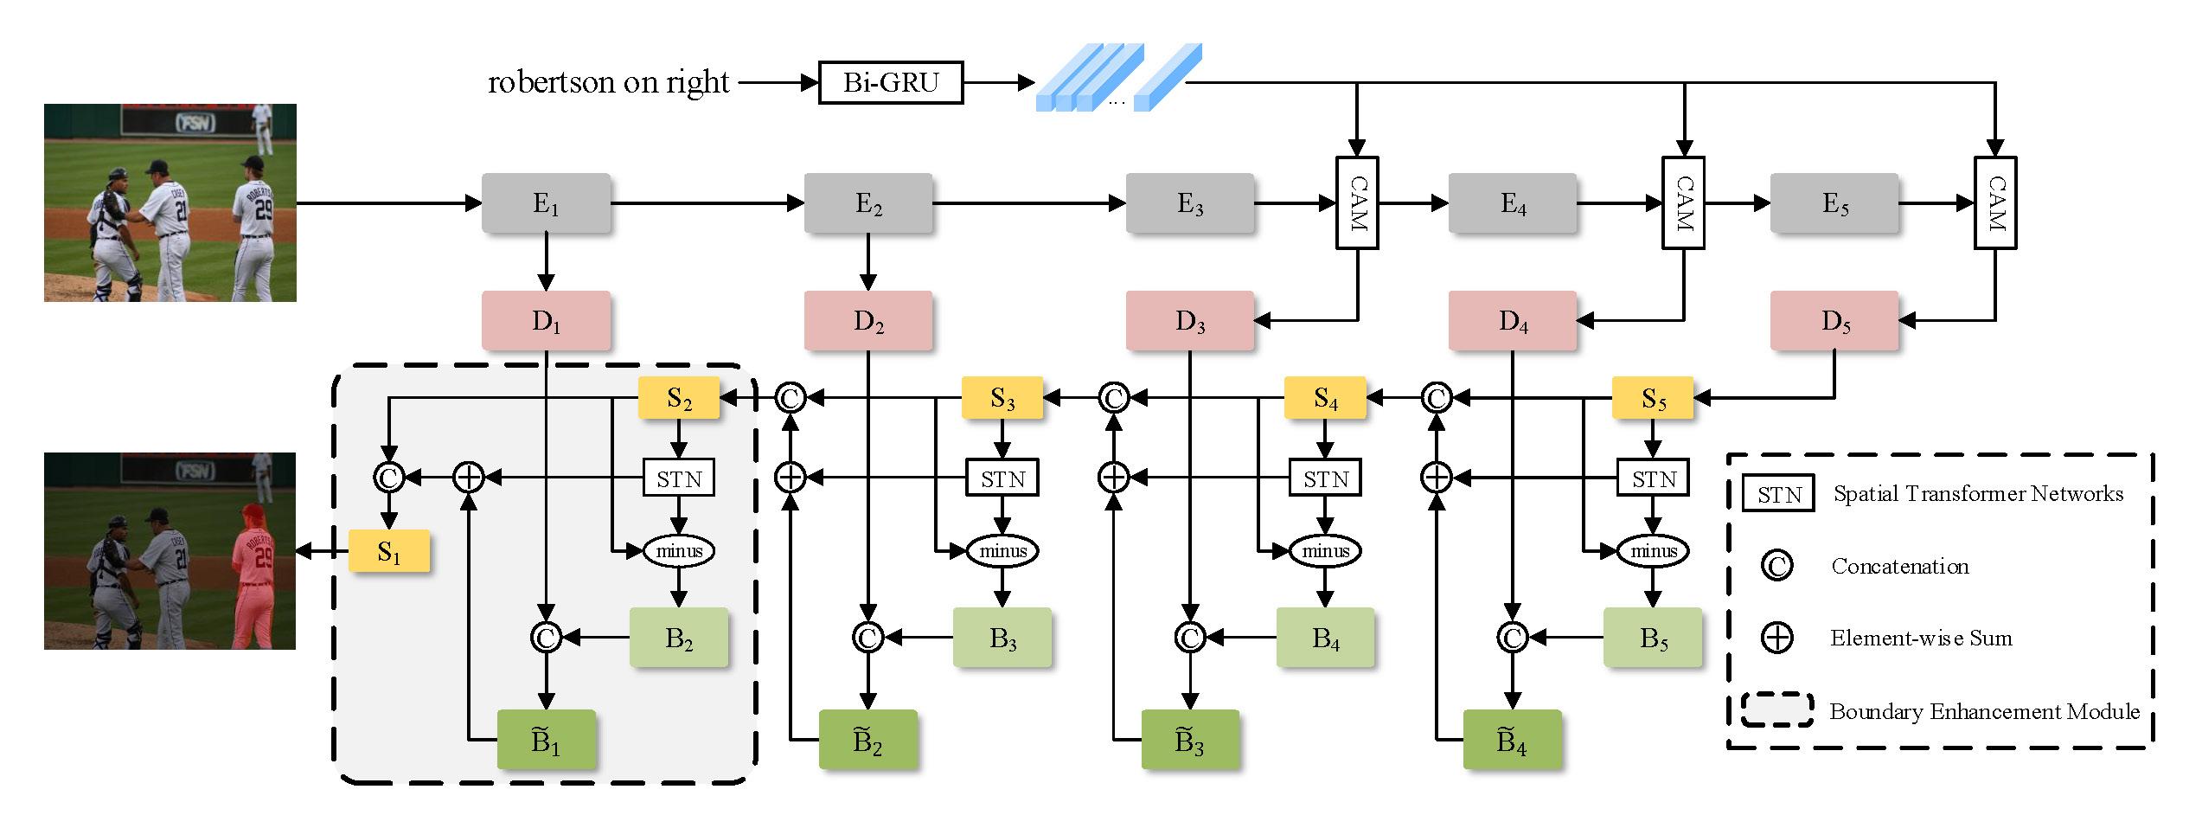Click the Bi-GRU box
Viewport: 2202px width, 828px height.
890,83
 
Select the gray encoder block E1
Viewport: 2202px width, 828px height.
546,203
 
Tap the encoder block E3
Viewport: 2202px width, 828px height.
1190,203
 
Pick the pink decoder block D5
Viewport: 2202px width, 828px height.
1834,321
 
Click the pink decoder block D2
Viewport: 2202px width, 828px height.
867,321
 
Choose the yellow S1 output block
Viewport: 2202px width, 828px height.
389,551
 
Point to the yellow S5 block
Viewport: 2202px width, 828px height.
1653,398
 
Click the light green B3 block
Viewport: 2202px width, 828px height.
1002,638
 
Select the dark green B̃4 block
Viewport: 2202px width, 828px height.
1512,741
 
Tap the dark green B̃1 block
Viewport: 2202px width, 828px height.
546,741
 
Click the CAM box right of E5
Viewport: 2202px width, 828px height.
1994,203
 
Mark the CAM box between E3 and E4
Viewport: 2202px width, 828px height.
1357,203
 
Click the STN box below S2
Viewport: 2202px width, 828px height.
679,478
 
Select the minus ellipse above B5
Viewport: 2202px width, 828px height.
1653,551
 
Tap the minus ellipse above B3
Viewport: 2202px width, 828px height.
1002,551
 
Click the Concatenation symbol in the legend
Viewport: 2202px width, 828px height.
1776,566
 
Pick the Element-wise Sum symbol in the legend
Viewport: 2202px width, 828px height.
1776,639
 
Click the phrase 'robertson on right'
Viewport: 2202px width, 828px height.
609,83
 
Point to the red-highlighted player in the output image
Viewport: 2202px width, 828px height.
254,575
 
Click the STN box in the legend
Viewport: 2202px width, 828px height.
1778,494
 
